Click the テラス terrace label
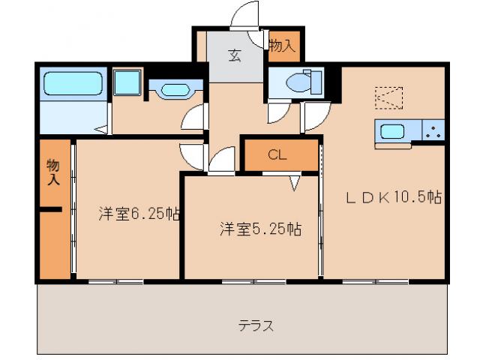click(256, 326)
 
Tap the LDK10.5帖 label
click(392, 198)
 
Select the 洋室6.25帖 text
click(138, 214)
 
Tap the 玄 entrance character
click(235, 55)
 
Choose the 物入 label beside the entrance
click(282, 46)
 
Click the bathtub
click(72, 84)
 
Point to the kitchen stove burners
click(434, 132)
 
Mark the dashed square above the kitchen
click(389, 97)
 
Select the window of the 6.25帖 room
click(115, 282)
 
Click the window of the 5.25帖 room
click(253, 282)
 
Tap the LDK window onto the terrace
click(375, 282)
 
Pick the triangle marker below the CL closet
click(295, 181)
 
